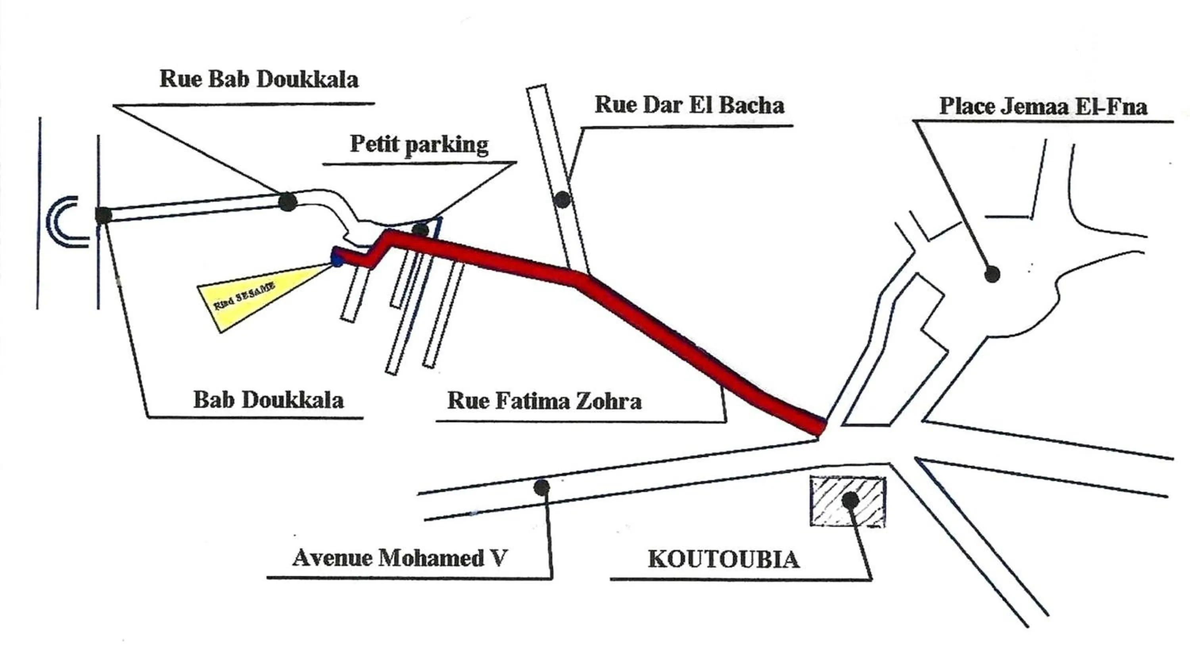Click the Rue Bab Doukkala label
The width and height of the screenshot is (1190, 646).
pos(259,79)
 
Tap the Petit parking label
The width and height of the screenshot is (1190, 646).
pos(419,144)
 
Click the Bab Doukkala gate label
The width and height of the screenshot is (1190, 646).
pos(268,400)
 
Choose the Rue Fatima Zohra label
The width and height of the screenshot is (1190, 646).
pos(544,401)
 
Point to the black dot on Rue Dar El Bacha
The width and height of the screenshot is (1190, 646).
pos(562,200)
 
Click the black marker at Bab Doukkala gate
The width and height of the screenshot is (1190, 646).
pos(104,215)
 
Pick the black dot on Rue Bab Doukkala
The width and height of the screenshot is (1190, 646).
pos(287,202)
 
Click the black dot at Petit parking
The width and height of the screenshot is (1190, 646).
pos(420,230)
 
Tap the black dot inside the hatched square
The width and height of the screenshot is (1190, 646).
pos(850,500)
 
